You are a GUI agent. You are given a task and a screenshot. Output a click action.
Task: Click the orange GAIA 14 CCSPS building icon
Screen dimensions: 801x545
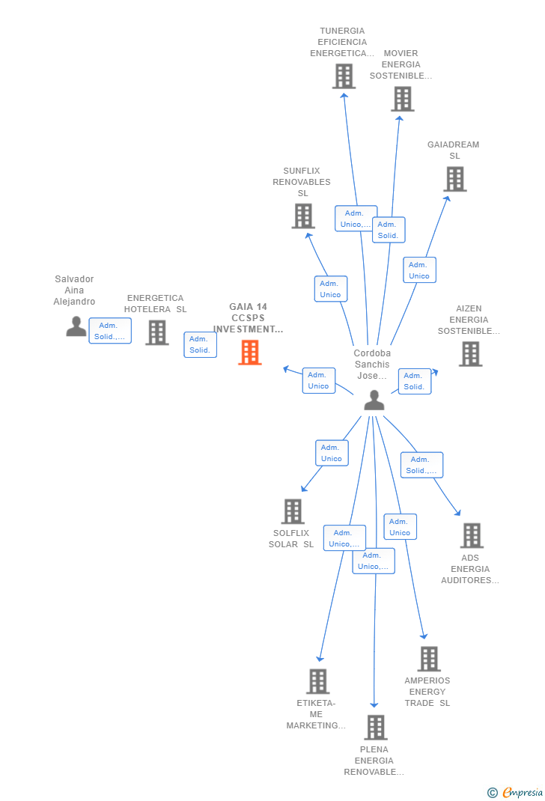[249, 352]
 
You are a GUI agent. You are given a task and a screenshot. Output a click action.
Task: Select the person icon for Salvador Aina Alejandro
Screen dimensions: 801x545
[76, 326]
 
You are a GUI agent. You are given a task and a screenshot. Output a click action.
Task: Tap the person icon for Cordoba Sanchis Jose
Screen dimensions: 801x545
[374, 400]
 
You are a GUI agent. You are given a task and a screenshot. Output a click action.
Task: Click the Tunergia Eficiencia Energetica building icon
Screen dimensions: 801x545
[344, 76]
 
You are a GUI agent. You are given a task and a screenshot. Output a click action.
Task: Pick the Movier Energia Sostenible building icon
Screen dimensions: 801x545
[402, 99]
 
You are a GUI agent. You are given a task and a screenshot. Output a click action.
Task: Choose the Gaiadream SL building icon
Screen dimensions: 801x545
[454, 179]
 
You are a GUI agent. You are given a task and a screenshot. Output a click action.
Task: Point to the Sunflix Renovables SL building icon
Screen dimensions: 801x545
[302, 216]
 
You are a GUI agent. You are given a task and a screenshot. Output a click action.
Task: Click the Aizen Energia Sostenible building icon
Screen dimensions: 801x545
[470, 354]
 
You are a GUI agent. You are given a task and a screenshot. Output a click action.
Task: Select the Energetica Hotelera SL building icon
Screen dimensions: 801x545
[156, 332]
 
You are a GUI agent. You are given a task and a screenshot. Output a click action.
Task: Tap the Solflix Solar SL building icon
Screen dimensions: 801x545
[292, 511]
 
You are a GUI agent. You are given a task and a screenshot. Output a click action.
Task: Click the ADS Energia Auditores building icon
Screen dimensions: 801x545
[471, 535]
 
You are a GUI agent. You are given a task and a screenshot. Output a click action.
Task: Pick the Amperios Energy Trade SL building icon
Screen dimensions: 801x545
[428, 659]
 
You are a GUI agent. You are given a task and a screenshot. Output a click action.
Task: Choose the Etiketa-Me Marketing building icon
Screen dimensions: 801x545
[317, 681]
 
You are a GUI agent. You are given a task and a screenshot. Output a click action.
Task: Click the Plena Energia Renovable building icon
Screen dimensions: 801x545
[375, 727]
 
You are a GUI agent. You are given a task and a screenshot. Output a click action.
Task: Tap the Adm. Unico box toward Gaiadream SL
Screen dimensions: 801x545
[419, 270]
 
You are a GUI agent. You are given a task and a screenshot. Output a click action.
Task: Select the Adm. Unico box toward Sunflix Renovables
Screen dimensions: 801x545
[330, 289]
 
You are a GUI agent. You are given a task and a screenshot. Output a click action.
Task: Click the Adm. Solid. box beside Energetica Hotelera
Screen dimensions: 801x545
[200, 344]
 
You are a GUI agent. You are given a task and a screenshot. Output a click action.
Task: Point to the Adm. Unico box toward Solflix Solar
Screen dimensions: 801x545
[331, 453]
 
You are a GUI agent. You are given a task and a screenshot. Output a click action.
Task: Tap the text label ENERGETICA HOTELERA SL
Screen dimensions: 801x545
[156, 304]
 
